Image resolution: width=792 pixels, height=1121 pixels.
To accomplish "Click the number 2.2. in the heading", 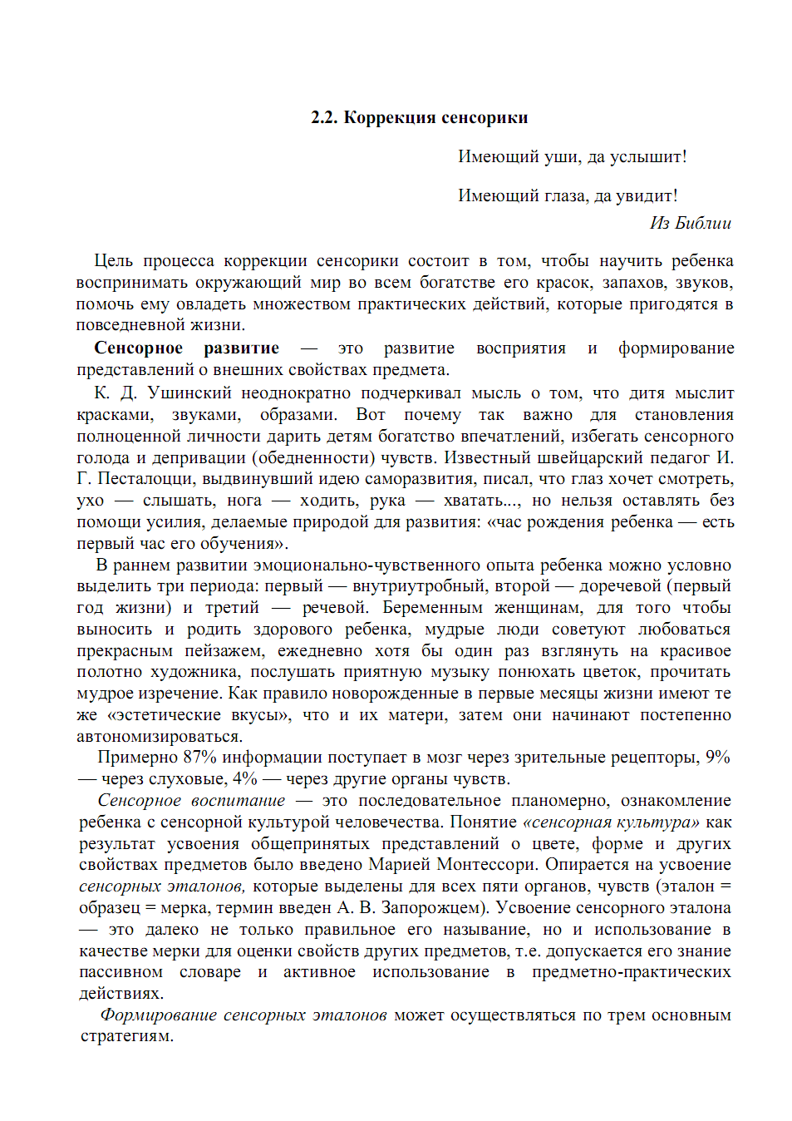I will coord(324,117).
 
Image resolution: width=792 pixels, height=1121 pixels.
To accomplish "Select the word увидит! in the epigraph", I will coord(647,195).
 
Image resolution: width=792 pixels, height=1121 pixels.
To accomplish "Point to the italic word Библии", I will coord(703,223).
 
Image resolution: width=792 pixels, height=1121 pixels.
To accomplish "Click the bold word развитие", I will coord(241,348).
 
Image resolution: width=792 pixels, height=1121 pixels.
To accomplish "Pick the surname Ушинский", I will coord(189,393).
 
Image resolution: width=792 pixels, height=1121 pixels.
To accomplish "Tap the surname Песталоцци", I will coord(145,479).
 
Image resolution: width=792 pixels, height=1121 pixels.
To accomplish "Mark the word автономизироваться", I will coord(159,736).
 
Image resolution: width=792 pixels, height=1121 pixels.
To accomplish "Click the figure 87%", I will coord(199,757).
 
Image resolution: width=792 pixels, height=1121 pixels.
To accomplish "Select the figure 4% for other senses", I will coord(245,778).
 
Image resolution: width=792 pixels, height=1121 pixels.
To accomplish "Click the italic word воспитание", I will coord(238,800).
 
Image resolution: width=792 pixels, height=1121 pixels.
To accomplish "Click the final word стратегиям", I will coord(126,1036).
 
